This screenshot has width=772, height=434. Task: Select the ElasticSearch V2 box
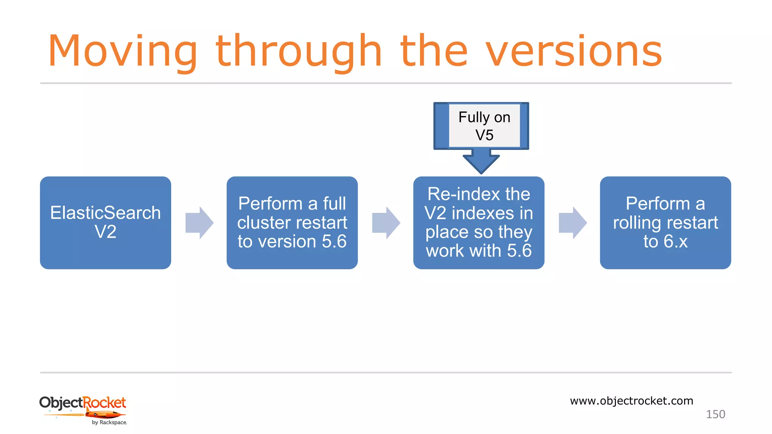[106, 223]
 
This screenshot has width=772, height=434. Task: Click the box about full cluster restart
[292, 223]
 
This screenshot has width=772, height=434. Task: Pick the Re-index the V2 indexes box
[479, 223]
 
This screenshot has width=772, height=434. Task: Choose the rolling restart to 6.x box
[665, 223]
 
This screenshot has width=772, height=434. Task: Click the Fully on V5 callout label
[484, 126]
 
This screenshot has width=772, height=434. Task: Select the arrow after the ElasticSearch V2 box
[199, 223]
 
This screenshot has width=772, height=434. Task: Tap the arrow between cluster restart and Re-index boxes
[386, 223]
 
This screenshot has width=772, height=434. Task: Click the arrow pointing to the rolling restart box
[573, 223]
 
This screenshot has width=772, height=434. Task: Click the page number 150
[715, 414]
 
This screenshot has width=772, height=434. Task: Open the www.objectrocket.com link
[631, 400]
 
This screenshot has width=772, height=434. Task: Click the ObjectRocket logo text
[83, 403]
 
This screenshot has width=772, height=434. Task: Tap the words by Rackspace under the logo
[109, 422]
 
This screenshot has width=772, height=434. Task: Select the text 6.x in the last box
[675, 241]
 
